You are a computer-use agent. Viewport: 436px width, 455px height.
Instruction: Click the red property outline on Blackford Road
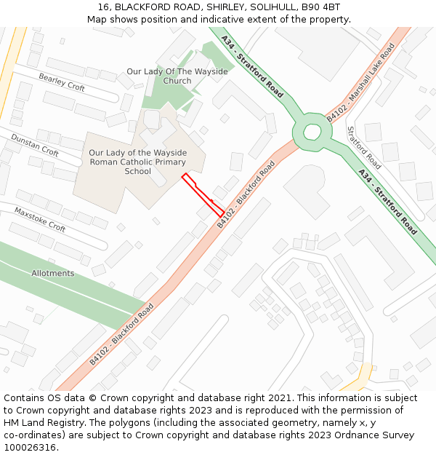(x=203, y=194)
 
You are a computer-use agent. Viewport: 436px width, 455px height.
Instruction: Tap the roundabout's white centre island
(x=312, y=132)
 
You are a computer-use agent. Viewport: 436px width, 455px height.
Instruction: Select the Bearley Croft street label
(x=62, y=82)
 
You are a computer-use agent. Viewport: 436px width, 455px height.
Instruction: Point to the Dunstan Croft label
(x=34, y=145)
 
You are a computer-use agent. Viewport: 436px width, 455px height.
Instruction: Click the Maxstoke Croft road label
(x=40, y=219)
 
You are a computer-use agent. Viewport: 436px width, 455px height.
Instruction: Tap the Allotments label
(x=52, y=273)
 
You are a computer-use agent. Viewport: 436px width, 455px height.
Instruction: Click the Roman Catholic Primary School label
(x=137, y=162)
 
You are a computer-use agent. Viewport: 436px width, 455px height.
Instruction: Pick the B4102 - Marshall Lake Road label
(x=360, y=82)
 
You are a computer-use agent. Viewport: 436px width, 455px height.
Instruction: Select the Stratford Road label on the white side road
(x=363, y=148)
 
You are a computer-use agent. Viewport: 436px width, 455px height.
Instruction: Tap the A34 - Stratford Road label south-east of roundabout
(x=388, y=202)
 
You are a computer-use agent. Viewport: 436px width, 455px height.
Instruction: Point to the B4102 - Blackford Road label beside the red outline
(x=246, y=194)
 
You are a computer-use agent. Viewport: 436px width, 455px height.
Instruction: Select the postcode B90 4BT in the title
(x=322, y=7)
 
